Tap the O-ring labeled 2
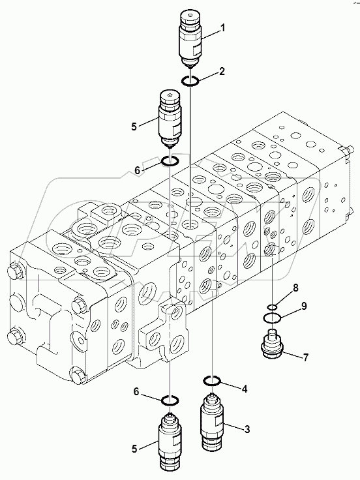pyautogui.click(x=190, y=80)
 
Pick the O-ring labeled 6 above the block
pyautogui.click(x=170, y=160)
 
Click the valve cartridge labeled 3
pyautogui.click(x=213, y=424)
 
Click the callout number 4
pyautogui.click(x=245, y=389)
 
